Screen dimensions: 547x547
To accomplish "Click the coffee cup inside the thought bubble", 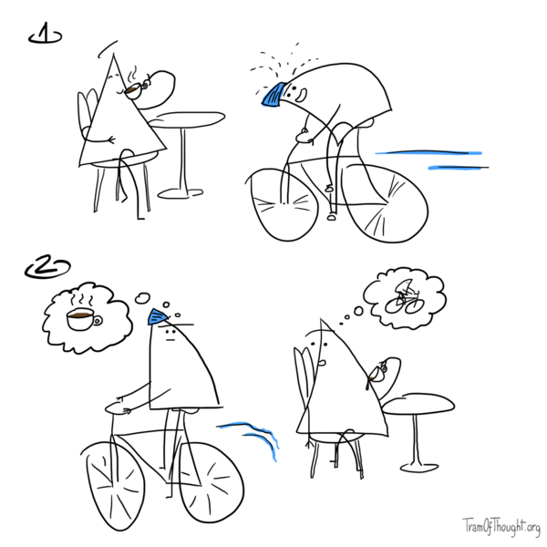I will pos(81,319).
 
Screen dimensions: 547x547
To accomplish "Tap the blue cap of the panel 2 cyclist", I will pos(157,316).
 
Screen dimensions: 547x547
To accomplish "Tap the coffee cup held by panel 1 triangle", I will pos(134,88).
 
